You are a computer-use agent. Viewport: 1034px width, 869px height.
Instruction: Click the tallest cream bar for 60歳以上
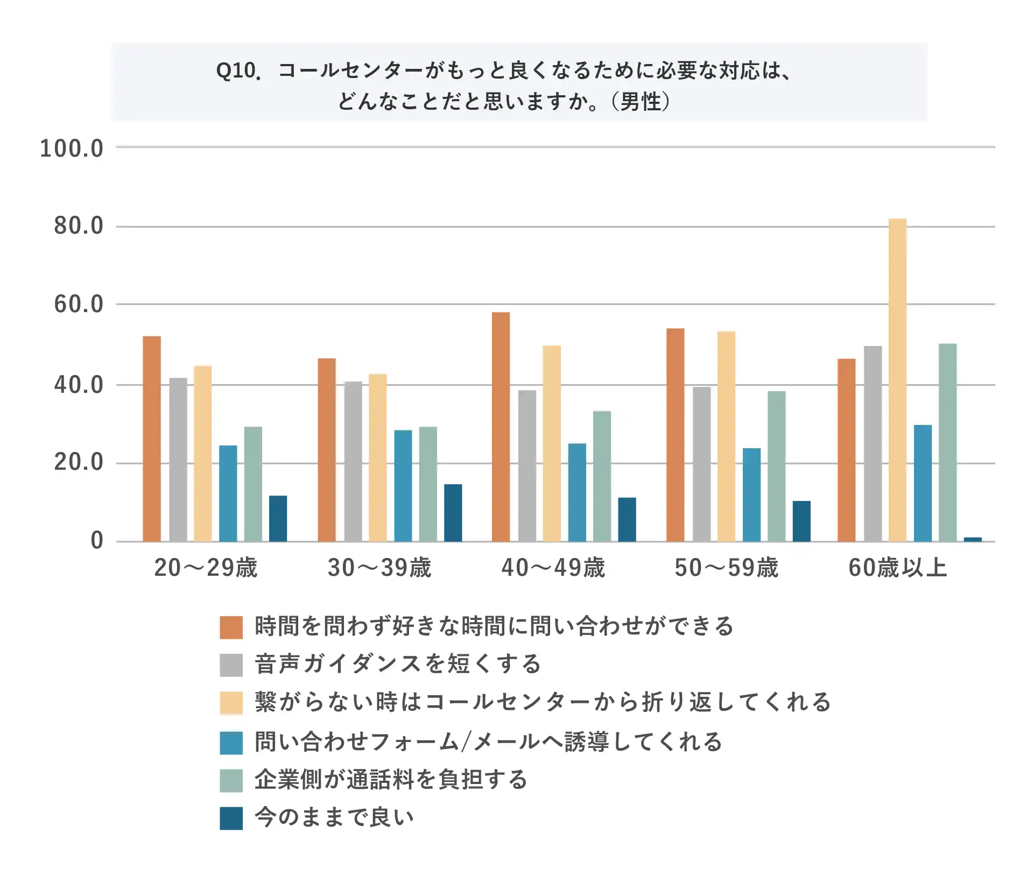pyautogui.click(x=897, y=379)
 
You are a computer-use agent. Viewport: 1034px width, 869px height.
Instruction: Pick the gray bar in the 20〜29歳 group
pyautogui.click(x=178, y=460)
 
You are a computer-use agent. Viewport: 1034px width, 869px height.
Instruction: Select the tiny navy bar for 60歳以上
pyautogui.click(x=973, y=539)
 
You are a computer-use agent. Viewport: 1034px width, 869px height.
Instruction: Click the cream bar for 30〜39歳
pyautogui.click(x=377, y=457)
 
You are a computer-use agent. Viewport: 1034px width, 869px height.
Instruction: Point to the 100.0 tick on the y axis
pyautogui.click(x=72, y=149)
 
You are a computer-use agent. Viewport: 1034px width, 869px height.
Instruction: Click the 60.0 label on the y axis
pyautogui.click(x=79, y=305)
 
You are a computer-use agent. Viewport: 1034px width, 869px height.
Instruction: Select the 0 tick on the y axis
pyautogui.click(x=97, y=541)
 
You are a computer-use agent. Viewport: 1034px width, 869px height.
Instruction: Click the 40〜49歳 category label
pyautogui.click(x=553, y=568)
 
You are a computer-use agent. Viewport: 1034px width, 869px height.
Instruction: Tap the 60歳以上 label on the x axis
pyautogui.click(x=897, y=568)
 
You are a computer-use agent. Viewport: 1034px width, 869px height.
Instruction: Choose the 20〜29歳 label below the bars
pyautogui.click(x=206, y=568)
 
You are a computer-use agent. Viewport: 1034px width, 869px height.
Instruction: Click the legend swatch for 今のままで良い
pyautogui.click(x=231, y=818)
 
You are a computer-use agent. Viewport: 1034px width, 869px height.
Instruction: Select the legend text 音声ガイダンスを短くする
pyautogui.click(x=397, y=664)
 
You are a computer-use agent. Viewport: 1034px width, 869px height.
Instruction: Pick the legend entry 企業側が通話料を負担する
pyautogui.click(x=391, y=779)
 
